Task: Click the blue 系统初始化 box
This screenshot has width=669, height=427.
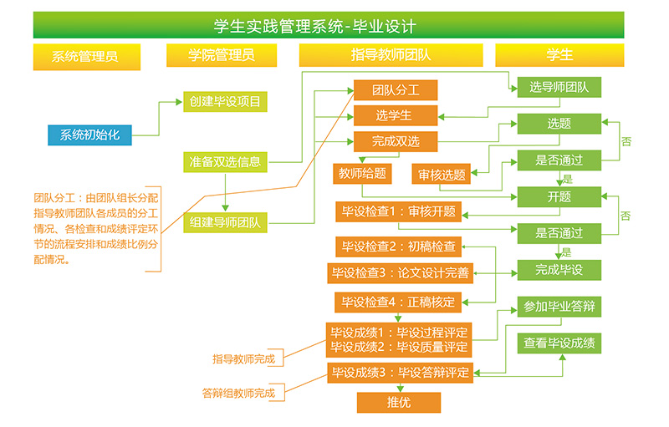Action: click(90, 134)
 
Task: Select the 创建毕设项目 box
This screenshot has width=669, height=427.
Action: click(225, 103)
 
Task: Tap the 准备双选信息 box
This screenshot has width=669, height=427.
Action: click(225, 162)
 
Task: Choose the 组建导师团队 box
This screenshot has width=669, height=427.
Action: click(225, 222)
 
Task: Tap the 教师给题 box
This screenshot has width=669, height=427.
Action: click(362, 174)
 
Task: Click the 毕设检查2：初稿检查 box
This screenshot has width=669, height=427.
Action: click(399, 247)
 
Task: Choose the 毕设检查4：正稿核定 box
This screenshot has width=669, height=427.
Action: click(399, 302)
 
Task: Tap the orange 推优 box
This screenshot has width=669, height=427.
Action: click(399, 402)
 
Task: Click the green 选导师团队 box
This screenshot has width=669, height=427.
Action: click(559, 86)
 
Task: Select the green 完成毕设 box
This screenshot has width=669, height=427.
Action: click(559, 269)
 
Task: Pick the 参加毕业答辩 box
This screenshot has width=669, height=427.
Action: click(559, 307)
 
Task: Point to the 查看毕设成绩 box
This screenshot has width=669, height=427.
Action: click(559, 343)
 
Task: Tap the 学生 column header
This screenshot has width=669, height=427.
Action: click(559, 55)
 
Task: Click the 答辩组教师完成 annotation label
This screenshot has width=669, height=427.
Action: click(238, 392)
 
